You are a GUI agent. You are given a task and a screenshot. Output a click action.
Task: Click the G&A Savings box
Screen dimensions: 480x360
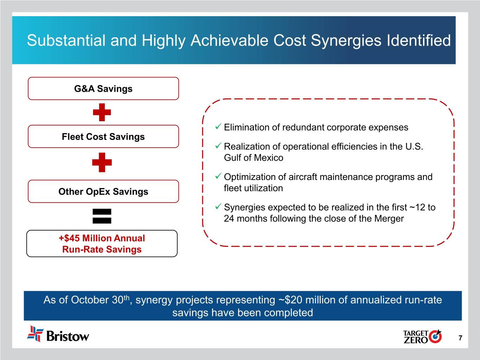[x=103, y=89]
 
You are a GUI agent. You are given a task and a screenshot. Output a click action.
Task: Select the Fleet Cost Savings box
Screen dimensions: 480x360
[x=103, y=137]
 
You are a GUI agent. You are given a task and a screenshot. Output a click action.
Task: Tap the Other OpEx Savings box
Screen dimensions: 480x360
[x=103, y=192]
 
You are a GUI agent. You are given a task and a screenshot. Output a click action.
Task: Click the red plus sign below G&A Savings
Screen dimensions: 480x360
[x=102, y=112]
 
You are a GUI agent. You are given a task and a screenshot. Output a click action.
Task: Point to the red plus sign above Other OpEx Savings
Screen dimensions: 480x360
[x=102, y=162]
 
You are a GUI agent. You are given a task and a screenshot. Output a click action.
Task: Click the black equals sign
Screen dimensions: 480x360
[x=102, y=216]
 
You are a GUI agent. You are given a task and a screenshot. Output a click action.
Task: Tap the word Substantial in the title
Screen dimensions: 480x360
[x=66, y=40]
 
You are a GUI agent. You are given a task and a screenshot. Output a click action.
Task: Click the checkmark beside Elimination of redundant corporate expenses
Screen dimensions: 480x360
[x=218, y=126]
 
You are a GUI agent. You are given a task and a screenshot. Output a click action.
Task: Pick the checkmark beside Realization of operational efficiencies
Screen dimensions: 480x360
[x=218, y=145]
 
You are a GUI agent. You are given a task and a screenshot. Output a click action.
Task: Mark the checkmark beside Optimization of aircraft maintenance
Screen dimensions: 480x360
[x=218, y=176]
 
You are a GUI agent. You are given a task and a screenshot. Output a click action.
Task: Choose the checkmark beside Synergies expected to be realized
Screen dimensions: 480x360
[x=218, y=206]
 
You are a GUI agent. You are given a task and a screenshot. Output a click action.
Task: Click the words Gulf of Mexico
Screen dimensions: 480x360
[x=254, y=158]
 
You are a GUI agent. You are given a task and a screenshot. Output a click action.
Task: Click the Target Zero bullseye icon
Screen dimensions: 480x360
[x=435, y=336]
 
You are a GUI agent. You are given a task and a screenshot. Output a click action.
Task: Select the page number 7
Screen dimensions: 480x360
[x=460, y=338]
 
